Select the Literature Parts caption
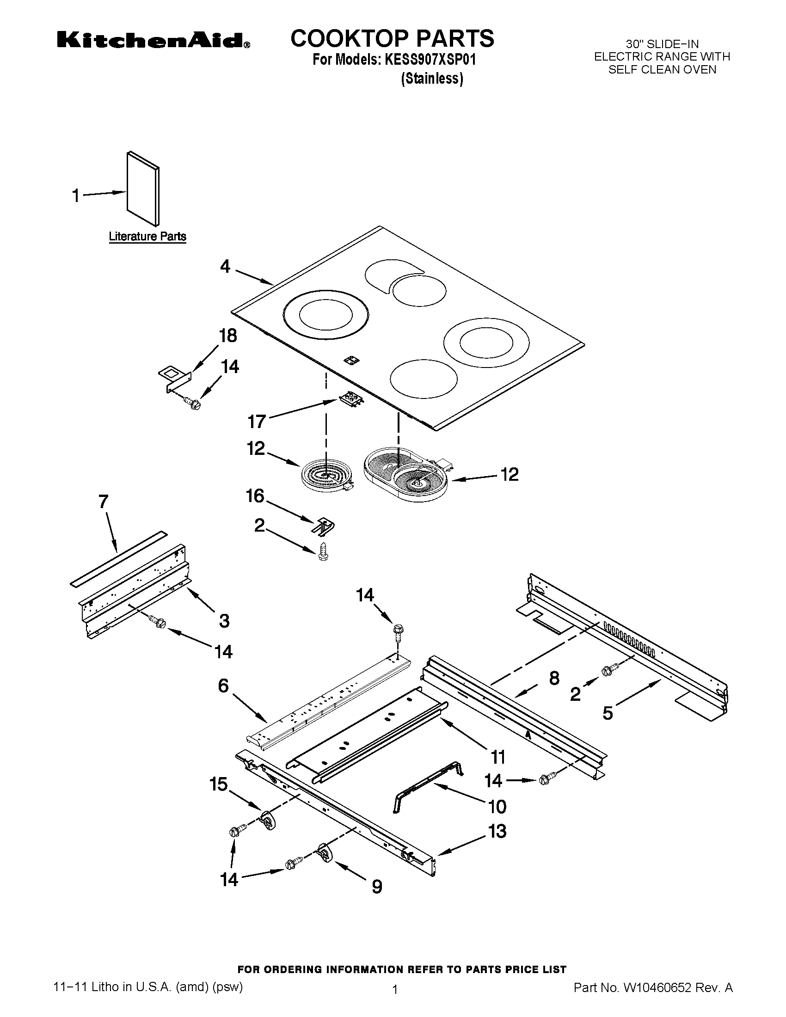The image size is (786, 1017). [x=147, y=237]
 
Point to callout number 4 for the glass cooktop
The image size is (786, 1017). [x=225, y=266]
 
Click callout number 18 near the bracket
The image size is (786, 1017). [x=227, y=336]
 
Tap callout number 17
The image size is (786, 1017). [x=257, y=422]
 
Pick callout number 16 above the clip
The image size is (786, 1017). [x=255, y=496]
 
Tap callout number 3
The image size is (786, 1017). [x=224, y=621]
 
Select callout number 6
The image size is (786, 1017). [x=223, y=686]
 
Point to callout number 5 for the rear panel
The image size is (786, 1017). [x=608, y=713]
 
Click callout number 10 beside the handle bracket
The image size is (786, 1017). [x=497, y=807]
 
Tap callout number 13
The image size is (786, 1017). [x=497, y=831]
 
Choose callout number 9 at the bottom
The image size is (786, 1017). [x=377, y=887]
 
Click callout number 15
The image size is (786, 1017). [x=218, y=784]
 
